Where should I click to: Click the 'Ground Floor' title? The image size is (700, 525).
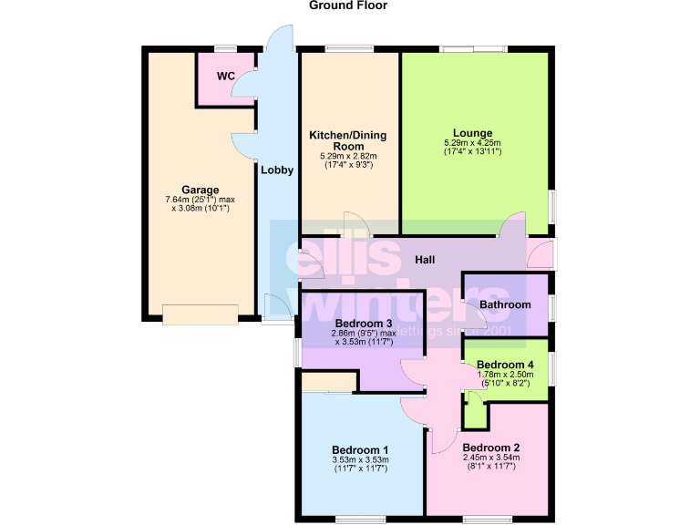click(348, 5)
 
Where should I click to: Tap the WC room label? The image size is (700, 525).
click(225, 76)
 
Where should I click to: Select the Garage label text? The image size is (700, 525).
click(200, 190)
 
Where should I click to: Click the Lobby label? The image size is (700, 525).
click(277, 170)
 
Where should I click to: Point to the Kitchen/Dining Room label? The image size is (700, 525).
click(347, 140)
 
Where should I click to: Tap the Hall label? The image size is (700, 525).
click(425, 260)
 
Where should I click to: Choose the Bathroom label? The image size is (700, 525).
click(505, 304)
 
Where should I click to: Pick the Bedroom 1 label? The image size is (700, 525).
click(360, 449)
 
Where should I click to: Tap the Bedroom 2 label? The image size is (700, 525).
click(490, 448)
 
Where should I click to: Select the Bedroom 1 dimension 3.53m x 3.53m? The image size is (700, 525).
click(360, 459)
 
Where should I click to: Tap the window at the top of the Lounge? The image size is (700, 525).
click(472, 48)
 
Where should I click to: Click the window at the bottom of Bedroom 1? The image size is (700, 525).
click(359, 520)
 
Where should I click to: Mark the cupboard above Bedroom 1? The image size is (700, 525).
click(329, 383)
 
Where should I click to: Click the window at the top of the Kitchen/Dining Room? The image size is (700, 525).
click(349, 48)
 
